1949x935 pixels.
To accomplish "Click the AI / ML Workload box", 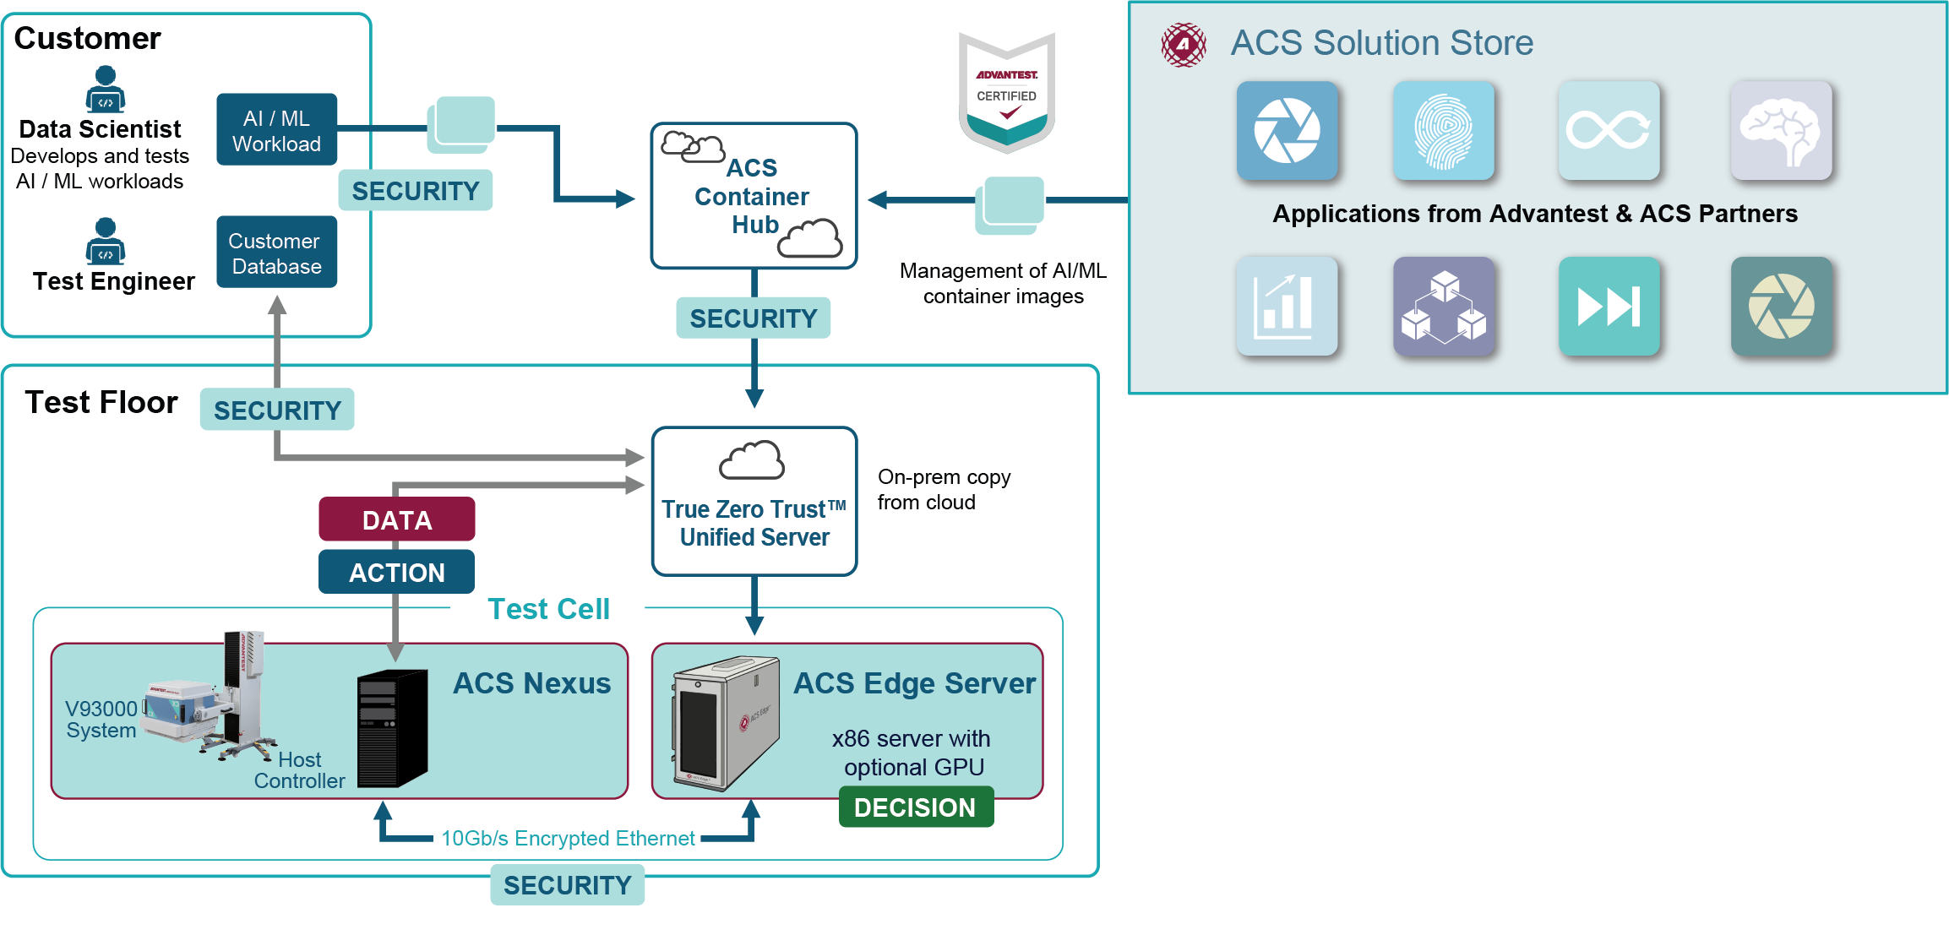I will tap(276, 130).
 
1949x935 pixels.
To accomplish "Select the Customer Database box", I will tap(276, 253).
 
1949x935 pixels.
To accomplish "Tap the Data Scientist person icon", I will tap(106, 89).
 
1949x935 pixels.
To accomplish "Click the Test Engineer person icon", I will tap(106, 241).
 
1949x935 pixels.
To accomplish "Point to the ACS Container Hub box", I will tap(754, 196).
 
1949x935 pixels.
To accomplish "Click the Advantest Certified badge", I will tap(1006, 92).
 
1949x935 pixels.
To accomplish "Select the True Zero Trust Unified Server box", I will tap(754, 502).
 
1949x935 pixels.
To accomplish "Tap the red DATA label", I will tap(396, 519).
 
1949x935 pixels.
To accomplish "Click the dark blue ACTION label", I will tap(396, 572).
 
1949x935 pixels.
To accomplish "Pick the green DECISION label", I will tap(916, 807).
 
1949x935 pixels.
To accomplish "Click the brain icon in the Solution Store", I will tap(1781, 131).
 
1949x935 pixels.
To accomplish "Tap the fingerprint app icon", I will tap(1443, 131).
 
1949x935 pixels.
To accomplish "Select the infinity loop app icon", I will tap(1609, 131).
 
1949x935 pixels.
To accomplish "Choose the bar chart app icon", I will tap(1286, 307).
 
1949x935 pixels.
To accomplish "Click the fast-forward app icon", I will tap(1609, 307).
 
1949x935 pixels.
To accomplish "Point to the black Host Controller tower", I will tap(392, 728).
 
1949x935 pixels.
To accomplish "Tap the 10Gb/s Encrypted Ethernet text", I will tap(568, 838).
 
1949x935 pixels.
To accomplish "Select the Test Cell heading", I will tap(548, 609).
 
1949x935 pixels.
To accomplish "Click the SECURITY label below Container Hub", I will tap(753, 318).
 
